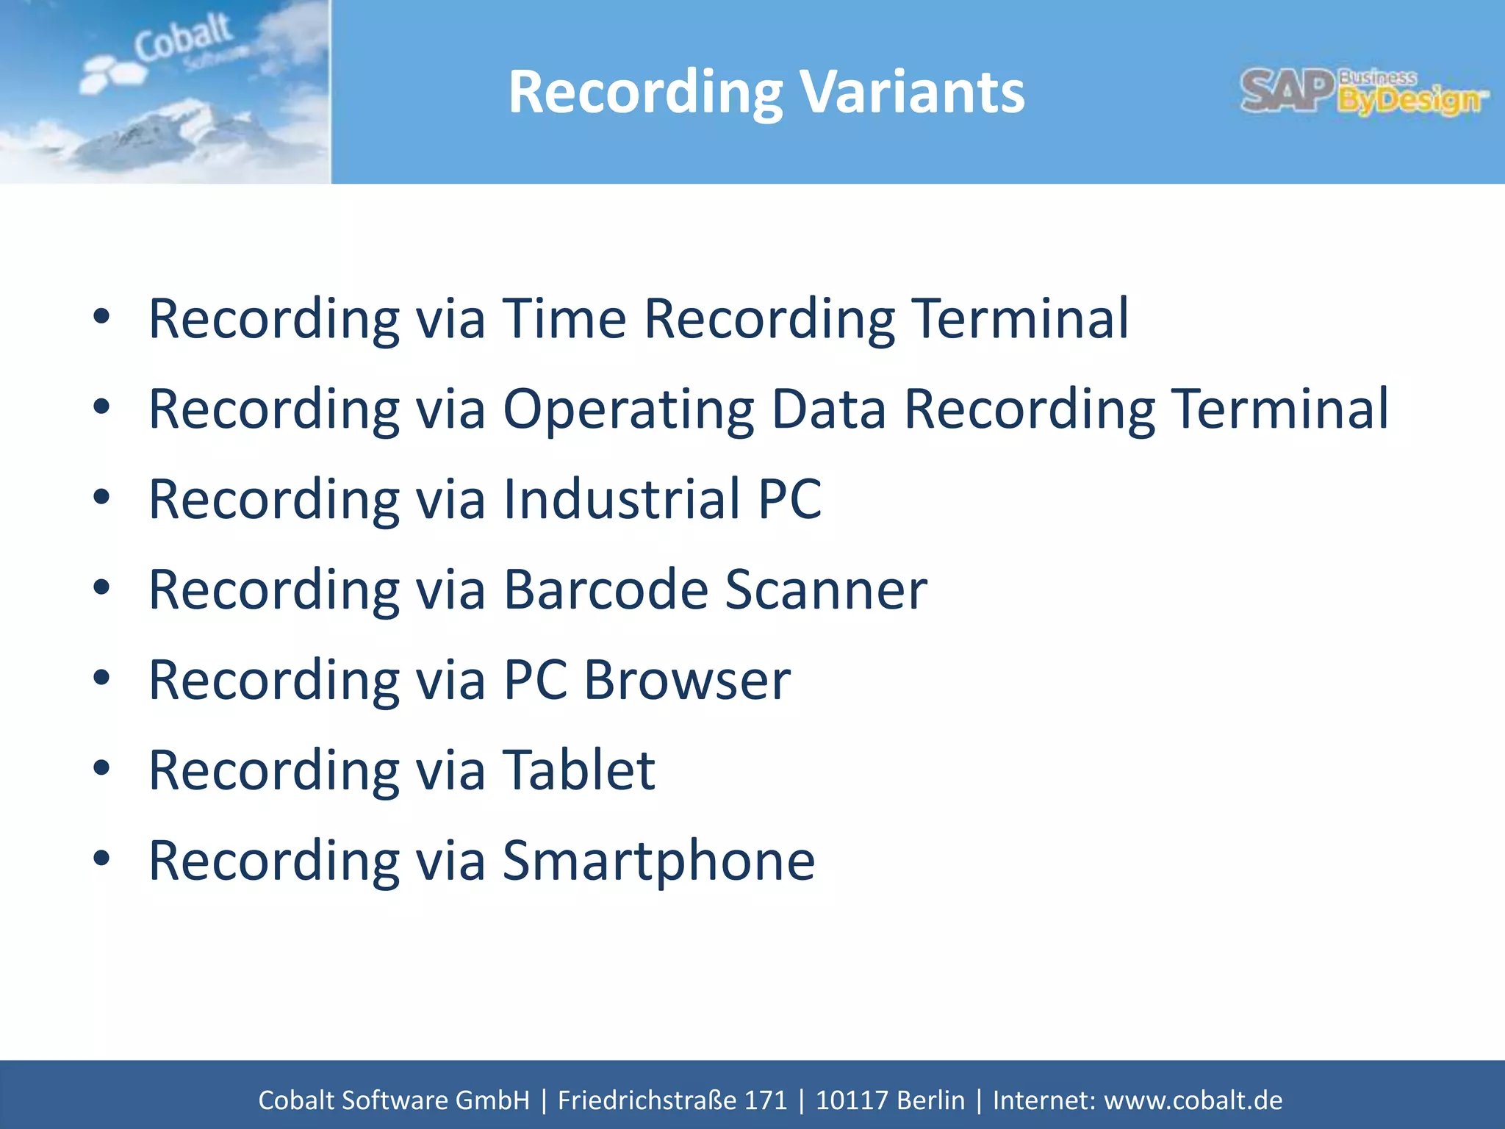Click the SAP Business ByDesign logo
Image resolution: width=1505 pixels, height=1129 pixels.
coord(1364,93)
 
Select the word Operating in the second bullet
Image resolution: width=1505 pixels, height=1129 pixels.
coord(628,409)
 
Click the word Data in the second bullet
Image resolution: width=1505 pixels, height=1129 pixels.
coord(828,409)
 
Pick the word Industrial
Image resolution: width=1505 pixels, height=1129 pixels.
coord(621,500)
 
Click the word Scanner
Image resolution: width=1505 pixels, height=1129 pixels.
coord(826,590)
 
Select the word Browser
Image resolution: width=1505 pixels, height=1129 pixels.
coord(687,681)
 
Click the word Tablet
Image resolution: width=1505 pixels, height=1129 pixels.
coord(578,771)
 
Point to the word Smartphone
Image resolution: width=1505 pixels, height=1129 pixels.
coord(658,861)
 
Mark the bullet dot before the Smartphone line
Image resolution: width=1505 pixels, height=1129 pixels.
coord(101,859)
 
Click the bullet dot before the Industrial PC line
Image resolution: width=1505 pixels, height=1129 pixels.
coord(101,498)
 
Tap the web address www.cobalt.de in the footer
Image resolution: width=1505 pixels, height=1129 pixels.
coord(1193,1100)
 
